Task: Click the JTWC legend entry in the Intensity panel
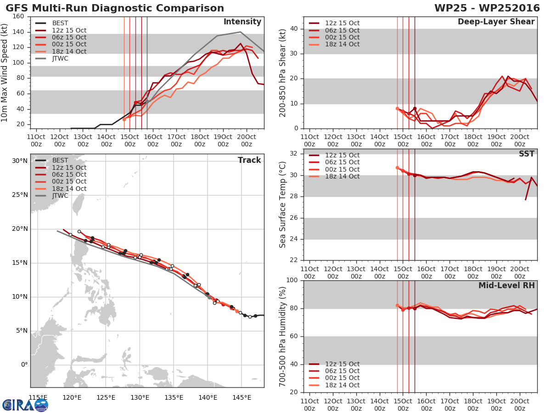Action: tap(51, 59)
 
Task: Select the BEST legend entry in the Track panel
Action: tap(51, 161)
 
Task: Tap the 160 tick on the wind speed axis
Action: tap(18, 17)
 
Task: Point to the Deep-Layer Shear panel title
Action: tap(496, 22)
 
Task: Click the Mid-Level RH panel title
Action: tap(506, 285)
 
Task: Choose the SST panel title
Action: tap(526, 154)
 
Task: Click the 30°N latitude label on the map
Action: tap(20, 161)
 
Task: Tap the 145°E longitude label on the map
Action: tap(242, 398)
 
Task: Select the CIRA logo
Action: tap(25, 405)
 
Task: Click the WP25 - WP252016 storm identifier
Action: tap(487, 8)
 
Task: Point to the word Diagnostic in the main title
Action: tap(122, 8)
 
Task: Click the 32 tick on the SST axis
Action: tap(294, 154)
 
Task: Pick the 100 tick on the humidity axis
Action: tap(292, 280)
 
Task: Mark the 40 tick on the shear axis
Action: tap(294, 29)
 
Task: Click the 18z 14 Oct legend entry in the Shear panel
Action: tap(334, 45)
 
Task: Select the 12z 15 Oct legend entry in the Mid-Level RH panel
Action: tap(334, 364)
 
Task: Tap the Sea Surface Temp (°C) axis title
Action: tap(282, 205)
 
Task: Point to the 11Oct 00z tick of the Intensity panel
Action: tap(36, 140)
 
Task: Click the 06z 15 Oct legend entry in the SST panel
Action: tap(334, 162)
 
